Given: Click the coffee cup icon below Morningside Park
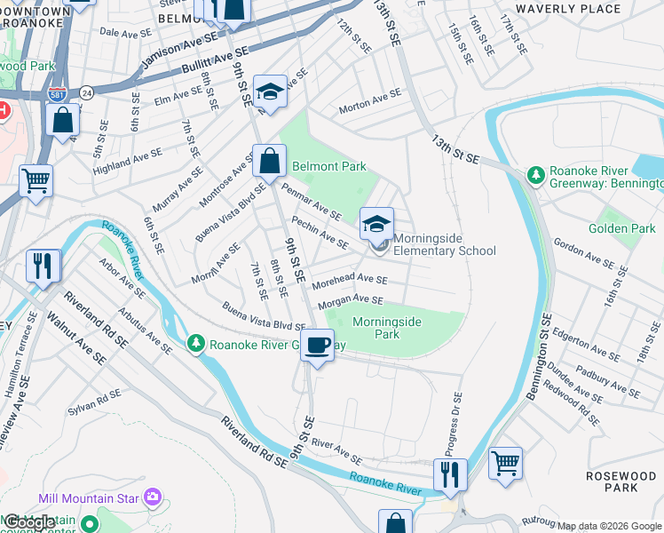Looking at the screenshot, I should (319, 345).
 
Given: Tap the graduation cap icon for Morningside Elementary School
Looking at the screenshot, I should (376, 222).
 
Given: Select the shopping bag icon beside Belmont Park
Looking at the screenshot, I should (269, 162).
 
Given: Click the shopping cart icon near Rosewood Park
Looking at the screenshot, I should (505, 462).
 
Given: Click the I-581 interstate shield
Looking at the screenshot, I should (56, 91).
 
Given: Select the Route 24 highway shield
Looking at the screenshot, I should (86, 91).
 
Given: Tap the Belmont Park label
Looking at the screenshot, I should (329, 166).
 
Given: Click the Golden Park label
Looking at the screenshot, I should (621, 228).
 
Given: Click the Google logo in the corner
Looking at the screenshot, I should (30, 521).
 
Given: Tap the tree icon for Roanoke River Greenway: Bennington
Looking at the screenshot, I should (535, 175).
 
